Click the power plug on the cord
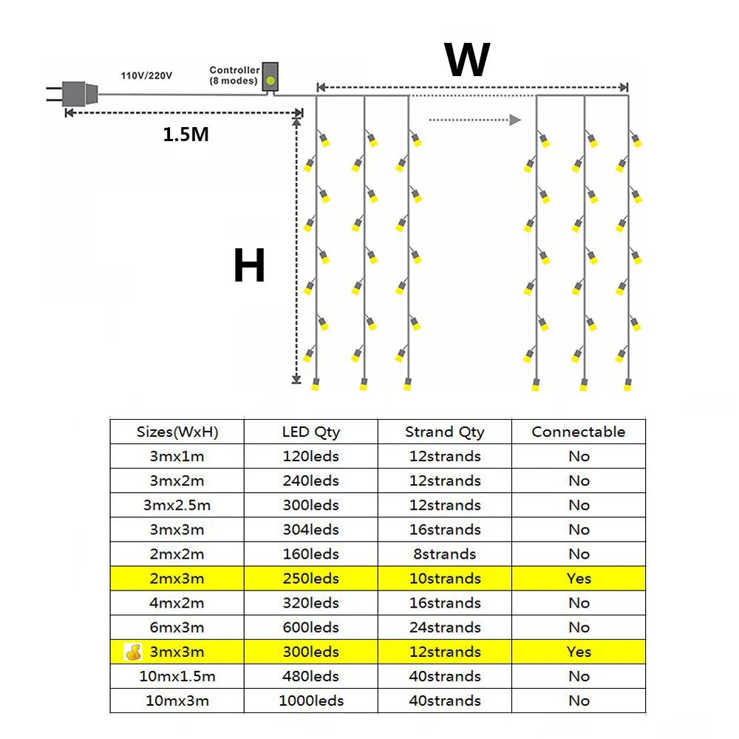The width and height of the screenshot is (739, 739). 78,94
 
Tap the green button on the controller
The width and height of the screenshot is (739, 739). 270,80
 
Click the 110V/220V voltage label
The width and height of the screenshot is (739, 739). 147,75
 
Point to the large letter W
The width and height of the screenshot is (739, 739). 467,61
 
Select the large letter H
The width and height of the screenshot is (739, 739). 249,266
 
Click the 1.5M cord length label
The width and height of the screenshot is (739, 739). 185,135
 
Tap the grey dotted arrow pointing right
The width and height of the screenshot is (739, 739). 475,120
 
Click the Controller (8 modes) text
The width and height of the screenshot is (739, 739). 234,75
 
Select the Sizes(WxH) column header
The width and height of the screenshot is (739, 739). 177,432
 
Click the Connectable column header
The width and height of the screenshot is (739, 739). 579,432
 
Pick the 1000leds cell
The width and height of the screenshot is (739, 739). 311,701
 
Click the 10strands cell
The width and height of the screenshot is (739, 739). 445,579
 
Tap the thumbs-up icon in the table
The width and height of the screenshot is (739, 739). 133,652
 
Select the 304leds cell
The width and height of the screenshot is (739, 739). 311,530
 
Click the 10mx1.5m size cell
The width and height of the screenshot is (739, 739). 177,676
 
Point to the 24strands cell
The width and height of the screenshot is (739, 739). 445,627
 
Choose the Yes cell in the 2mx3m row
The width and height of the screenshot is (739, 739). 579,579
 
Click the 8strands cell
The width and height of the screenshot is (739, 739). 445,554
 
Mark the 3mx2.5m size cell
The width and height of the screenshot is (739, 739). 177,505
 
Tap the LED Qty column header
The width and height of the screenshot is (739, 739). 311,432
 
